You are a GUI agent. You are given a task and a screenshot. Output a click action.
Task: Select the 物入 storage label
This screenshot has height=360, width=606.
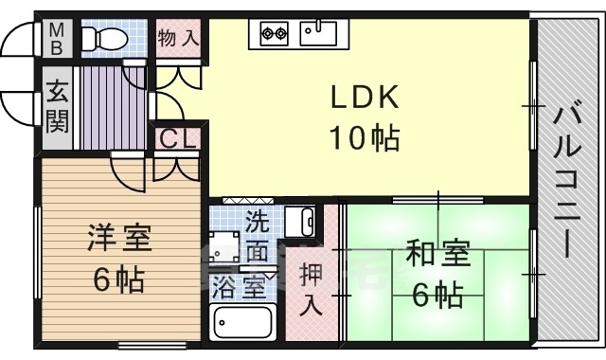point(178,39)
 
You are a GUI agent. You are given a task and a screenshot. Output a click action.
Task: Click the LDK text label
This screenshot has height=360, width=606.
point(364,97)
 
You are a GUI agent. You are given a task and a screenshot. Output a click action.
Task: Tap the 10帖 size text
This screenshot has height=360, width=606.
point(364,138)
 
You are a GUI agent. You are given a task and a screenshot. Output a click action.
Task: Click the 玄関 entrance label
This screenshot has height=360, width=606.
point(56,105)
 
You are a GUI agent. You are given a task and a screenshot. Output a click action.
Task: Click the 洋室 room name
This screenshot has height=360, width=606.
point(119,238)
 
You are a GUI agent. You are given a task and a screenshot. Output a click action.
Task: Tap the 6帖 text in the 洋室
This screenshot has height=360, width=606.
point(119,280)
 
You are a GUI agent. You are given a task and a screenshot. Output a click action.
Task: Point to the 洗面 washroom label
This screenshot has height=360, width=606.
point(257,238)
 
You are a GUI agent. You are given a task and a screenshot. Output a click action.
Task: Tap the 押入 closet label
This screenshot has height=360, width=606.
point(311,289)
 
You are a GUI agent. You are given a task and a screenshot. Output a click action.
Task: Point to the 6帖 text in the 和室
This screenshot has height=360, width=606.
point(437,296)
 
